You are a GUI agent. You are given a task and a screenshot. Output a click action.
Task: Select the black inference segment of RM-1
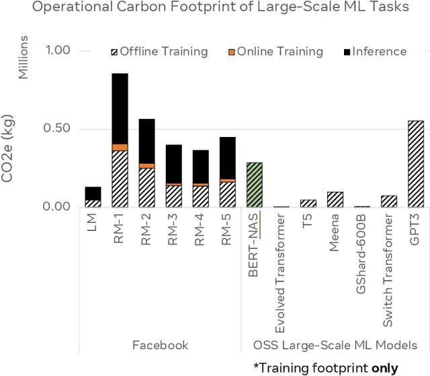(120, 108)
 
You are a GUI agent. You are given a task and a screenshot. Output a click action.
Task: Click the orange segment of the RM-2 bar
(146, 165)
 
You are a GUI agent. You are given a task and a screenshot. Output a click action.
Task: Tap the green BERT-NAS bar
(254, 185)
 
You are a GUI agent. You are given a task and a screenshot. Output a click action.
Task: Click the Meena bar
(335, 199)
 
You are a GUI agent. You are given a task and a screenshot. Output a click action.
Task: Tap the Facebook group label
(161, 345)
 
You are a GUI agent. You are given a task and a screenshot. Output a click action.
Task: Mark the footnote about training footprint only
(330, 367)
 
